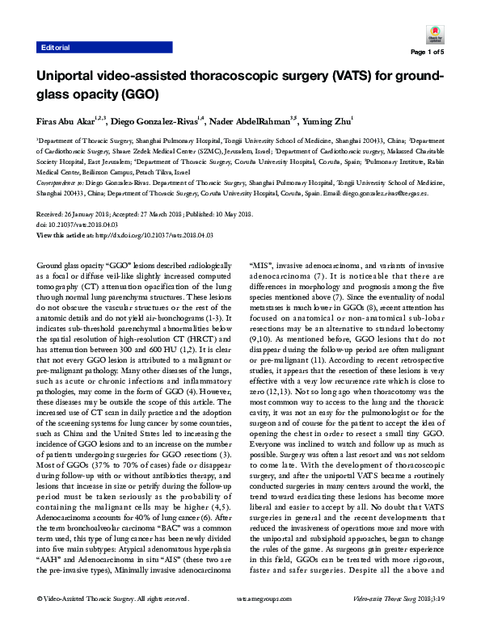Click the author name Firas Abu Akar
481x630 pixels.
point(66,121)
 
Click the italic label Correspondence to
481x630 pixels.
point(62,184)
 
